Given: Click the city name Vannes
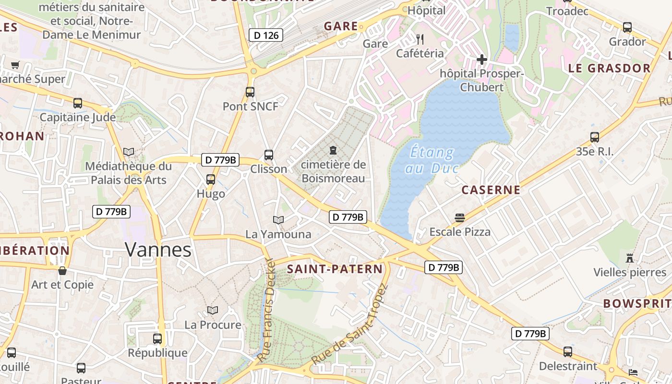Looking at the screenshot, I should [x=158, y=250].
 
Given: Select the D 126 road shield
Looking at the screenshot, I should [x=266, y=35].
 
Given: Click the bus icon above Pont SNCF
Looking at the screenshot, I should [x=250, y=92].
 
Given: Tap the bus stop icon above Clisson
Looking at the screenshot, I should [x=269, y=155].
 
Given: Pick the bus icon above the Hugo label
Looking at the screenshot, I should [x=210, y=180].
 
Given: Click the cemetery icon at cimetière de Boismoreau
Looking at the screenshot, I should [x=333, y=151].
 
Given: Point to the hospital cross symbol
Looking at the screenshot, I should [x=481, y=60].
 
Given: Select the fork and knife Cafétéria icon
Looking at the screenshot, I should [x=420, y=39].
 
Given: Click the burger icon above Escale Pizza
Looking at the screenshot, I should [x=459, y=218].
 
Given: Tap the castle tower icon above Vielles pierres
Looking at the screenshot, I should [x=630, y=258].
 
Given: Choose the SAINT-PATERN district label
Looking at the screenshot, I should [x=335, y=269].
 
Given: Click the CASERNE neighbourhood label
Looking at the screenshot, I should [x=491, y=190].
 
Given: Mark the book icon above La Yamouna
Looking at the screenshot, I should [x=278, y=220].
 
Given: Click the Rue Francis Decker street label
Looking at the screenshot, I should [x=265, y=311].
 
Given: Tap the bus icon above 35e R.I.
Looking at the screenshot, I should [x=594, y=137].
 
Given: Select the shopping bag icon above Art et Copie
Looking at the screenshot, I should [x=62, y=271].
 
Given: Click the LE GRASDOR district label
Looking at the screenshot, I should [x=609, y=68].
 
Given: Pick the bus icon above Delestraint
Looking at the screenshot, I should [x=568, y=352].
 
